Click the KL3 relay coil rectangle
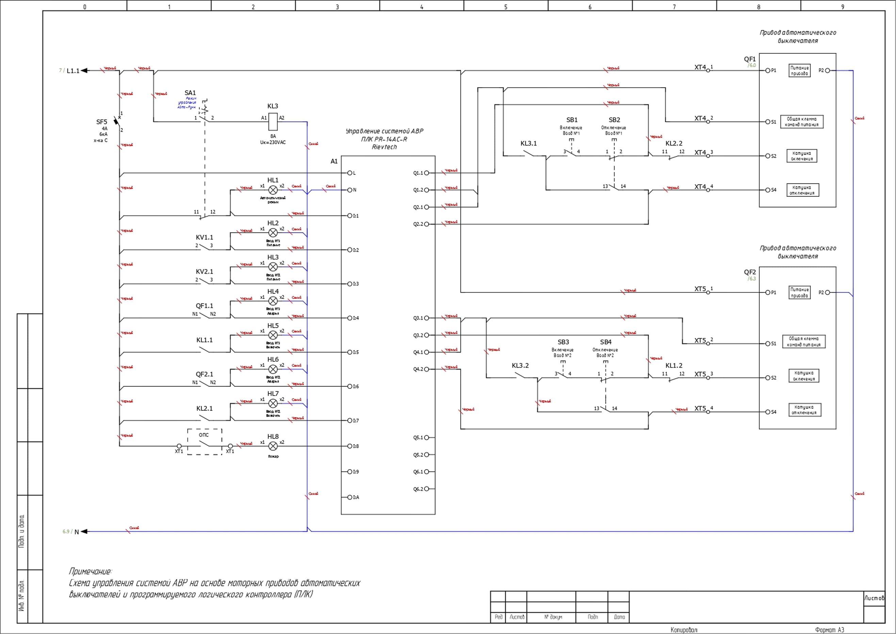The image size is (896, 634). point(273,122)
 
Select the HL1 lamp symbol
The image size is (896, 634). point(273,190)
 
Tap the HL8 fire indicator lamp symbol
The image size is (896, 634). point(273,446)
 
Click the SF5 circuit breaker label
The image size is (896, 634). point(101,122)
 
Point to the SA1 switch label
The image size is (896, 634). point(190,93)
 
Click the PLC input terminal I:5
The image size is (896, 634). point(350,352)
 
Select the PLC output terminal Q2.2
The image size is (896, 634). point(426,224)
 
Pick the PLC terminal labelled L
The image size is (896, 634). point(350,173)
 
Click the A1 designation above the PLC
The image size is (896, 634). point(334,161)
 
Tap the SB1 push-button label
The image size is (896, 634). point(572,120)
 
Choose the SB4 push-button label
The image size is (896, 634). point(606,342)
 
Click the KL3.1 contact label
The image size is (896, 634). point(528,144)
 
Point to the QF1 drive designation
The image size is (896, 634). point(750,59)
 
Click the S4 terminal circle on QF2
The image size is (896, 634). point(768,412)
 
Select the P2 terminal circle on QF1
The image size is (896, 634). point(827,71)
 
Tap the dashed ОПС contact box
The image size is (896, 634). point(205,442)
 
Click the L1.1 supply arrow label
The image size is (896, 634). point(73,71)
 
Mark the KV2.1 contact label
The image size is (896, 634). point(205,272)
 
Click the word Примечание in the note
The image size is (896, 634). point(90,572)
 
